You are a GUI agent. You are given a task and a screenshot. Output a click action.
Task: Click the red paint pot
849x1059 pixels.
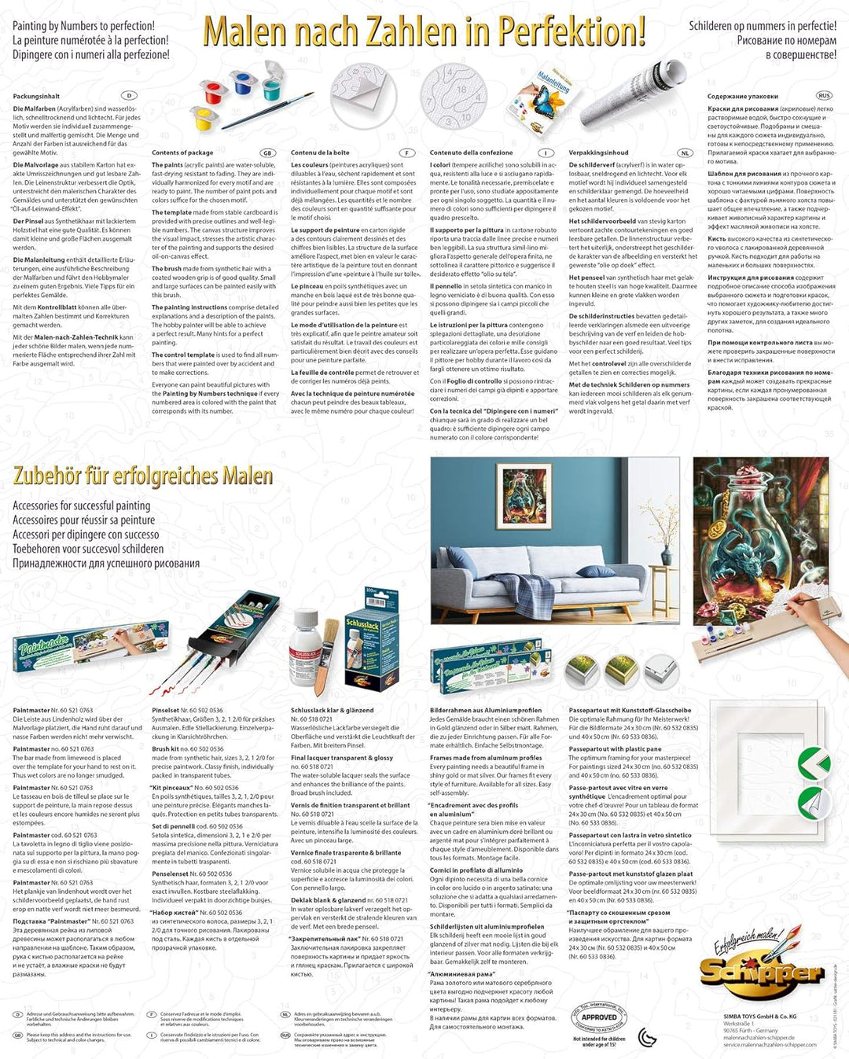tap(214, 93)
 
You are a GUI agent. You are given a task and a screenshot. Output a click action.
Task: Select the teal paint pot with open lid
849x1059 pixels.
tap(270, 84)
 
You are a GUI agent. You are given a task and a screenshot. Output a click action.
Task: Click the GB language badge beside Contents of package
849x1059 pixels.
tap(268, 153)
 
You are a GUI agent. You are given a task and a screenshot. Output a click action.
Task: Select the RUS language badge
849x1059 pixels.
tap(824, 95)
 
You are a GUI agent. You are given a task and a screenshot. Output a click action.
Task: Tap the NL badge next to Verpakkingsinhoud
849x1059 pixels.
tap(685, 153)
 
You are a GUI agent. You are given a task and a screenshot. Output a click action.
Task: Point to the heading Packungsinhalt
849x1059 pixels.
tap(36, 96)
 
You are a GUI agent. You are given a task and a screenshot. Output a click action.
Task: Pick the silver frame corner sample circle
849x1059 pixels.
tap(660, 671)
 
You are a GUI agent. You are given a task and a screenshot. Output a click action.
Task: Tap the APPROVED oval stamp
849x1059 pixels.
tap(599, 1017)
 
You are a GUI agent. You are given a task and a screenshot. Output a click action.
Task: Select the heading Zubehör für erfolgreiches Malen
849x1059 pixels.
tap(143, 476)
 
